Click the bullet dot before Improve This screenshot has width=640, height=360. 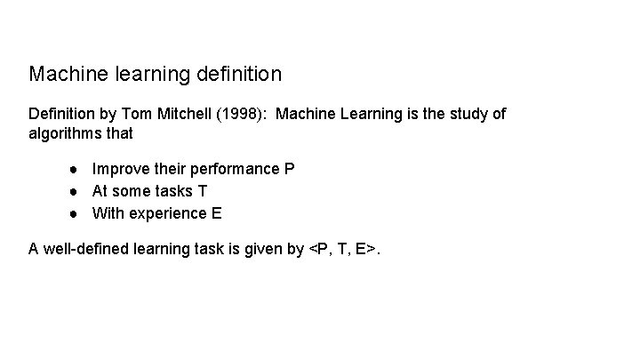pos(77,169)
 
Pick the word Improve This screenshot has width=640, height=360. pos(119,169)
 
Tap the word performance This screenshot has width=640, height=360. pos(233,169)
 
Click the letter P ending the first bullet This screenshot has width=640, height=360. pos(290,169)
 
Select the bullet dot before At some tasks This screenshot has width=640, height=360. pos(77,191)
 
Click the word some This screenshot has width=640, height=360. pos(132,191)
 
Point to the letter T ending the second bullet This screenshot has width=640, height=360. pos(203,191)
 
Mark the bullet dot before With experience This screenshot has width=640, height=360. pos(77,213)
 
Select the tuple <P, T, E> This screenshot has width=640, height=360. pos(341,250)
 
